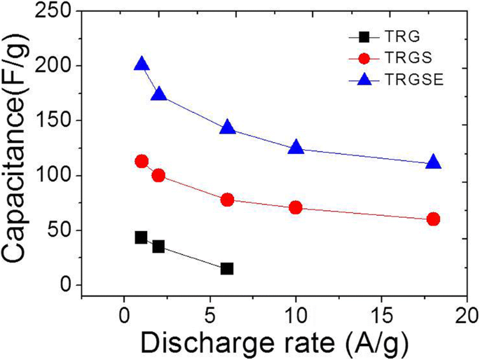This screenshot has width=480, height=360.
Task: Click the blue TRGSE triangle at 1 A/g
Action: pos(142,64)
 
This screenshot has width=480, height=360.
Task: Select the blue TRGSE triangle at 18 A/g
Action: pos(433,162)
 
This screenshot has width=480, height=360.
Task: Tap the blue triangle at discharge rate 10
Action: pos(296,147)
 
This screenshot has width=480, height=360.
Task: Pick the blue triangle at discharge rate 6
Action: pos(227,127)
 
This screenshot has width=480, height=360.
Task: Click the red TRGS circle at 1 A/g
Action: pos(142,161)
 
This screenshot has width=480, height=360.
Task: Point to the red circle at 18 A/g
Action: pos(433,219)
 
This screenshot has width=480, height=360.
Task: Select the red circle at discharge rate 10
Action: pos(296,207)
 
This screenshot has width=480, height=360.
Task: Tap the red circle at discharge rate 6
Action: pos(227,200)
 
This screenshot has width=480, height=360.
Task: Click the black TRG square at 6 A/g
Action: pos(227,268)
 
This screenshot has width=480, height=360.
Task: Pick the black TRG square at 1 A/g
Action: pos(142,237)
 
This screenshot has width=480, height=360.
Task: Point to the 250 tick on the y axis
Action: pos(59,12)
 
